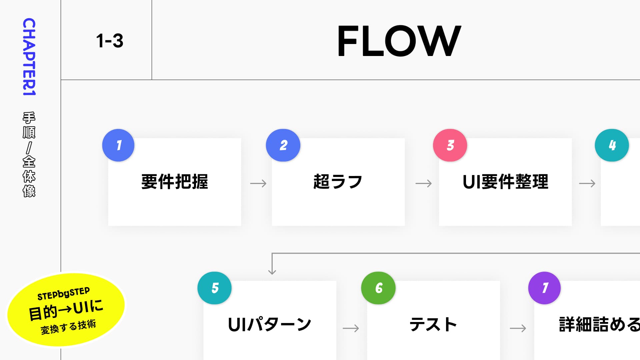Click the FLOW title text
point(399,41)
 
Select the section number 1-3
point(110,41)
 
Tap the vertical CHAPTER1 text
point(29,57)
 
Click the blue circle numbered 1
point(118,145)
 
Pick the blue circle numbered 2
point(283,145)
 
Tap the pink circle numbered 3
point(450,145)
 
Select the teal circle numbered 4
point(612,145)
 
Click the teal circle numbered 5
point(214,288)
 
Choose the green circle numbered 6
point(378,288)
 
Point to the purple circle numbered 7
point(544,288)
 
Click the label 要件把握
point(175,182)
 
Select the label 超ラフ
point(338,182)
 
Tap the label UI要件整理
point(505,182)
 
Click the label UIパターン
point(269,325)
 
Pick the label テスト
point(433,325)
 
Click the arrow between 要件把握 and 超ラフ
point(258,183)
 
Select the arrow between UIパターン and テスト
point(351,328)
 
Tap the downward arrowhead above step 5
point(272,271)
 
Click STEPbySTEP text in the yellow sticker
point(63,294)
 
